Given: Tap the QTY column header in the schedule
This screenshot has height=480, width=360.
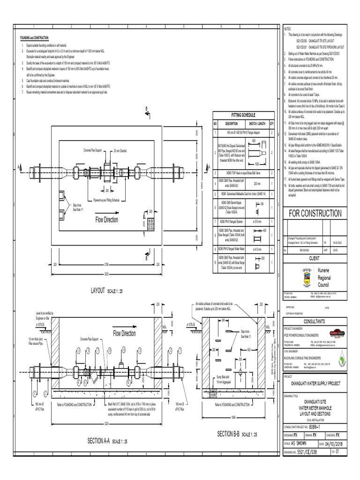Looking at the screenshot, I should pos(271,123).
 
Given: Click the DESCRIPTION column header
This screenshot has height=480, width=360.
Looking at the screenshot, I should pos(232,123).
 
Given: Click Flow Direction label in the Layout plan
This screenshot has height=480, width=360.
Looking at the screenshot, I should pos(107,219).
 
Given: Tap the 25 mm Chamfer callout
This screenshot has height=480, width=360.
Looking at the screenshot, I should pos(123,151).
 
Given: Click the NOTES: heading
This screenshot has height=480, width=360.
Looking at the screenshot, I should pos(288,29).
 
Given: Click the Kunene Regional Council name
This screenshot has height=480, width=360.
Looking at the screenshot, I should pos(324,278).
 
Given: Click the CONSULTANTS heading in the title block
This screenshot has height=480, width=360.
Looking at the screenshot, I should pos(317,322).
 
